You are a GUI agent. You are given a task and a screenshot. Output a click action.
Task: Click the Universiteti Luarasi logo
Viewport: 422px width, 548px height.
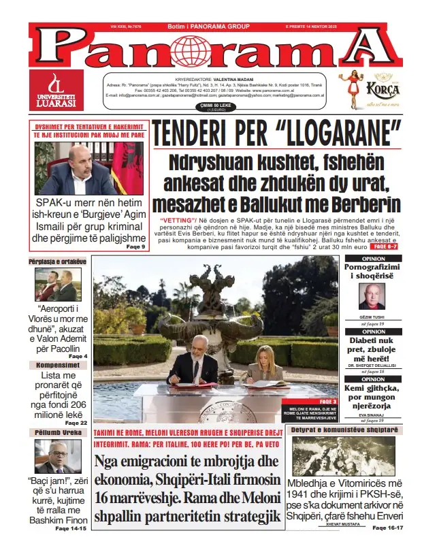coord(56,89)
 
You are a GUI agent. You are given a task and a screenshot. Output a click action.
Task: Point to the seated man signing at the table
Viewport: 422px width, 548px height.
coord(193,368)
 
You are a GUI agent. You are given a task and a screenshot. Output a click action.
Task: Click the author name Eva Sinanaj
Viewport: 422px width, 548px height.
coord(372,415)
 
